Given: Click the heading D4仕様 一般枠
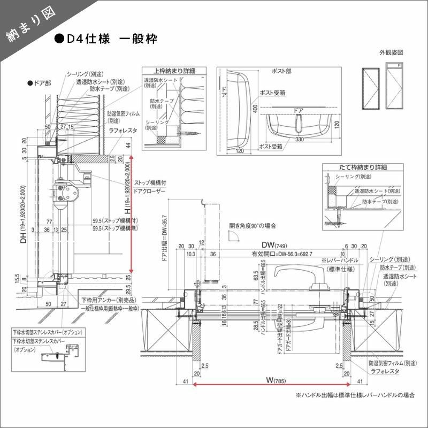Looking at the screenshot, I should click(x=105, y=39).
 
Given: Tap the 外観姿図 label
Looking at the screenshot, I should click(x=391, y=53).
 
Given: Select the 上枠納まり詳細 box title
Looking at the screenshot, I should click(x=174, y=71).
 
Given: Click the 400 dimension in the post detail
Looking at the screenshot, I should click(x=255, y=108).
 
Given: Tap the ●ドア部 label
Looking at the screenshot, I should click(x=39, y=83).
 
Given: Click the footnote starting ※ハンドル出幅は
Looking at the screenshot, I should click(x=354, y=395).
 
